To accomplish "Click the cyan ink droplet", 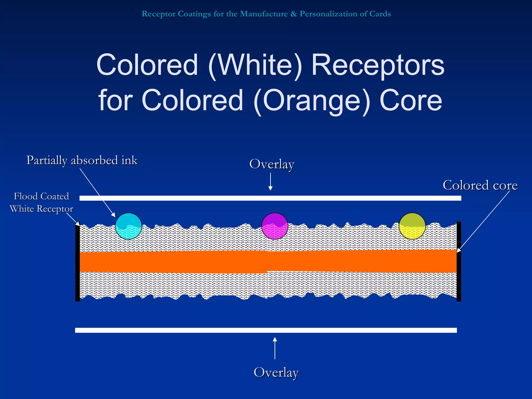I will (x=128, y=226).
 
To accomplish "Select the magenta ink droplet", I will (x=275, y=226).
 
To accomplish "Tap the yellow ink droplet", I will (x=412, y=226).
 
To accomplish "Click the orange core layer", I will (x=268, y=261).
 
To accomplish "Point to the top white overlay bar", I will (x=270, y=198).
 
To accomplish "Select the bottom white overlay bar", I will (x=266, y=330).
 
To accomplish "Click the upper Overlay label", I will (x=272, y=164).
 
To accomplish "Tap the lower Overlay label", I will (x=276, y=372).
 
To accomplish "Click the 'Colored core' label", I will (x=480, y=185).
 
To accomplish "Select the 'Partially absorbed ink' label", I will (x=82, y=160).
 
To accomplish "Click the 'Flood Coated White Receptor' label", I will (x=42, y=202).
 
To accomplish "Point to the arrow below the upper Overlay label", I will (x=270, y=182).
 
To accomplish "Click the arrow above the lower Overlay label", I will (x=275, y=348).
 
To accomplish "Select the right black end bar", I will (x=459, y=261).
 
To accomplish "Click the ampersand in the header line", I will (x=294, y=14).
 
